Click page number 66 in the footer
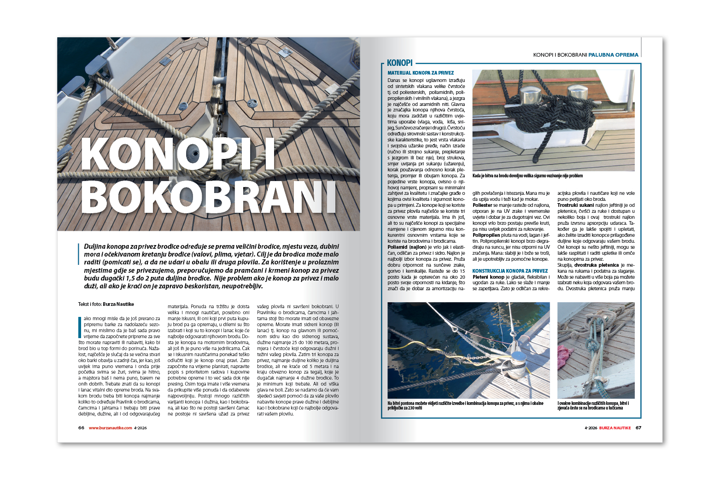[81, 428]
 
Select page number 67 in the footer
[638, 428]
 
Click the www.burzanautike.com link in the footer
[110, 428]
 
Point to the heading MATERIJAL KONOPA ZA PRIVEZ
[421, 73]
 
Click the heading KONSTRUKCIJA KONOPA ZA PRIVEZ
[510, 271]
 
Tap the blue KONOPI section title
[399, 63]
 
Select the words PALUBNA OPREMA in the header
[613, 55]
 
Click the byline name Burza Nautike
[118, 304]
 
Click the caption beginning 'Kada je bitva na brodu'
[527, 176]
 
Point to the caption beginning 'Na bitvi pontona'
[465, 405]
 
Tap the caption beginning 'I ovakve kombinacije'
[593, 405]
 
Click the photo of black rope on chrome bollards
[553, 120]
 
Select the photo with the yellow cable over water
[468, 350]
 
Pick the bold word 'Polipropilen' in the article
[486, 235]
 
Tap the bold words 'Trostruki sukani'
[575, 205]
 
